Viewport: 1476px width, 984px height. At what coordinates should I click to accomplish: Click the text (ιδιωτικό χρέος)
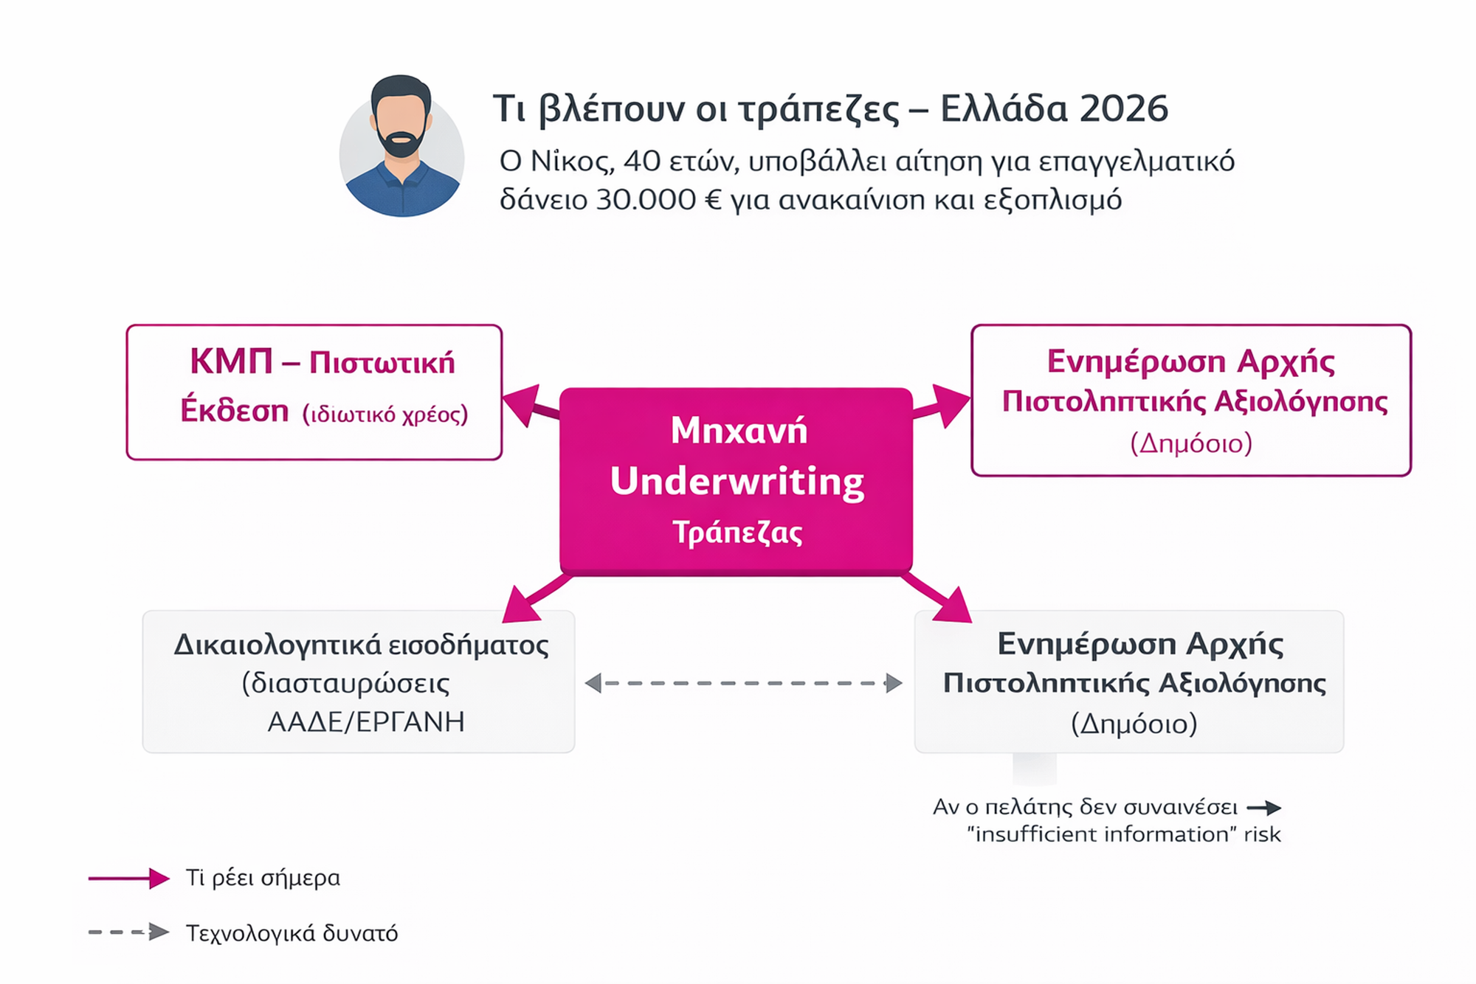(x=385, y=415)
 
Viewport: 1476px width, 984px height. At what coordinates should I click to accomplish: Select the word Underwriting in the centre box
(x=737, y=481)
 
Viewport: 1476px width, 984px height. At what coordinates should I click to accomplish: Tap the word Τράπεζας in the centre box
(x=737, y=532)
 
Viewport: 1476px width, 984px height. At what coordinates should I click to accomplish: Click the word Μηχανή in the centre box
(x=739, y=430)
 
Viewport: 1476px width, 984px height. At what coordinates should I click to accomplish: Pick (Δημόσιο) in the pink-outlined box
(x=1191, y=443)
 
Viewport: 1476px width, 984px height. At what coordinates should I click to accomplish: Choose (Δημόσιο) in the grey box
(x=1134, y=724)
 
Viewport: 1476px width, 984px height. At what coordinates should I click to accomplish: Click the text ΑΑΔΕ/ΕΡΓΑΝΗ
(x=366, y=721)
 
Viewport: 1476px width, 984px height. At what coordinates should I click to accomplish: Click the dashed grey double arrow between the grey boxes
(x=743, y=683)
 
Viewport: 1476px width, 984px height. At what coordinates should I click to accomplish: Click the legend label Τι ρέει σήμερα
(x=263, y=878)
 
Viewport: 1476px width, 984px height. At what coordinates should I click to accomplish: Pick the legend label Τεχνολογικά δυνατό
(x=292, y=933)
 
